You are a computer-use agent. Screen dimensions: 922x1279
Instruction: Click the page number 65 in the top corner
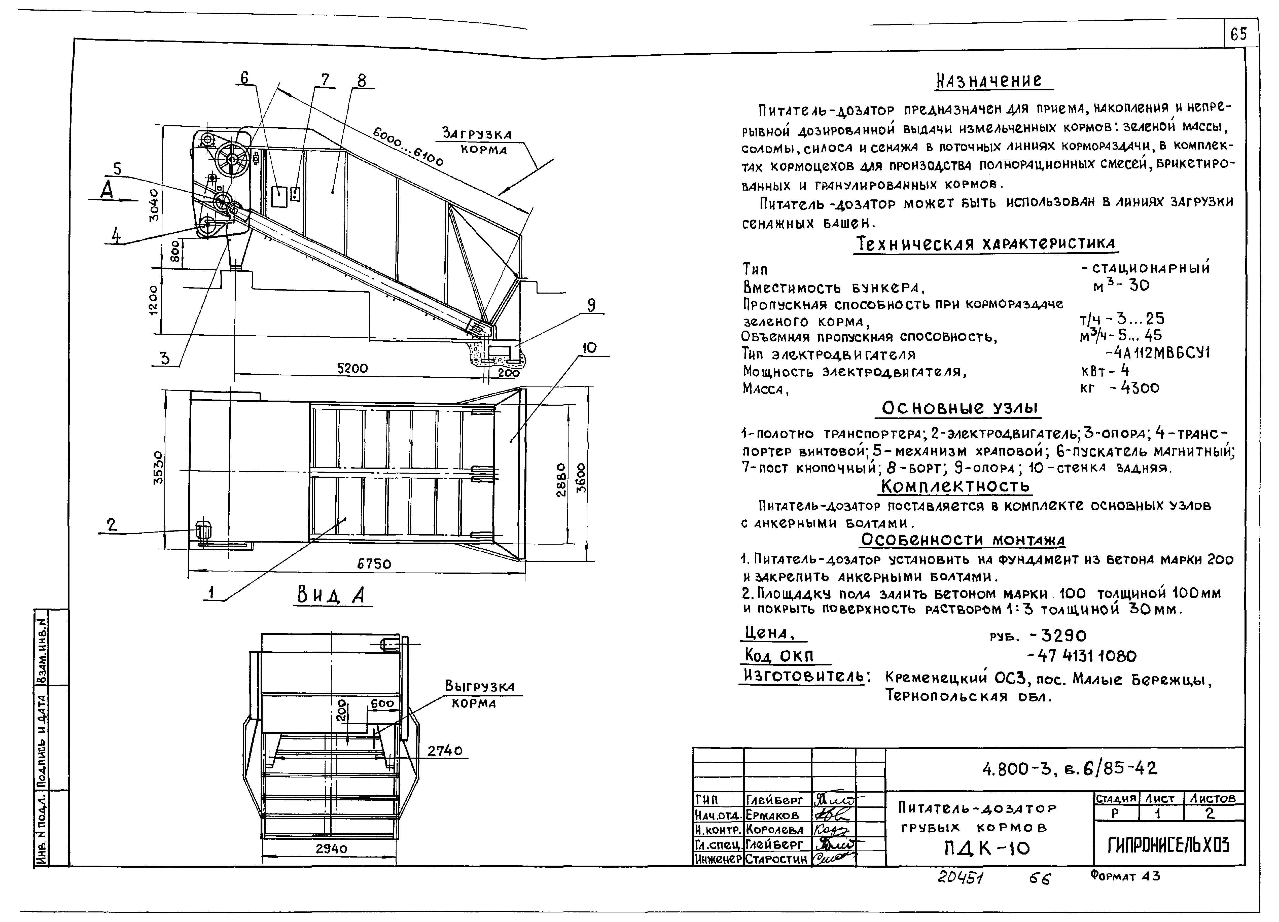[x=1239, y=35]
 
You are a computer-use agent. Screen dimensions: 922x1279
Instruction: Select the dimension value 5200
[x=352, y=368]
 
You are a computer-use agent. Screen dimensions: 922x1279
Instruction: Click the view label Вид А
[x=331, y=595]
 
